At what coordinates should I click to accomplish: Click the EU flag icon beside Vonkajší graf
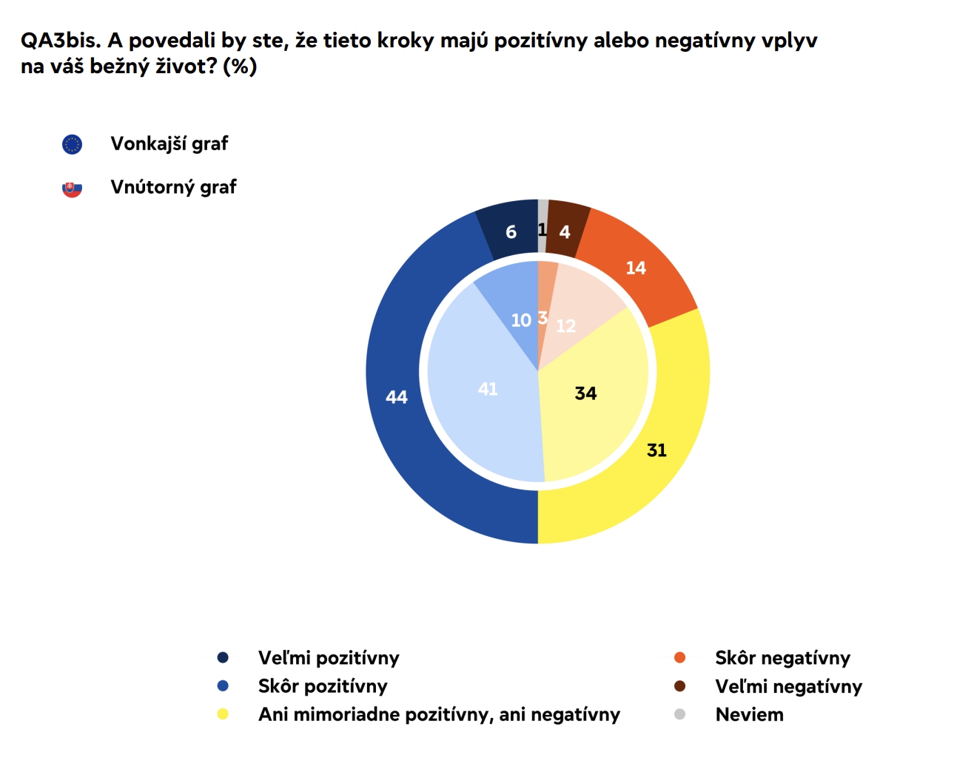click(72, 144)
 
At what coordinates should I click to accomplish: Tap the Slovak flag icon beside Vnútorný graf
click(72, 189)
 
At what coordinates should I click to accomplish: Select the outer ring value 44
click(397, 397)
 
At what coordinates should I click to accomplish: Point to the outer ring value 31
click(656, 450)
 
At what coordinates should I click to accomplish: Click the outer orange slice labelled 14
click(636, 268)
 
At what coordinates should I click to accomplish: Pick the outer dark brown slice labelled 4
click(565, 232)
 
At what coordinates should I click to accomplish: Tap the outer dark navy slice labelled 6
click(511, 232)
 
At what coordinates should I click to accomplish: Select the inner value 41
click(488, 389)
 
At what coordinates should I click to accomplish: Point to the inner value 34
click(585, 393)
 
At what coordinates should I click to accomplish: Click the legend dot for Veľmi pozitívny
click(223, 657)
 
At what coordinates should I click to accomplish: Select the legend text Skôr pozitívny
click(323, 686)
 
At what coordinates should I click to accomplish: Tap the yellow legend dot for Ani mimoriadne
click(223, 714)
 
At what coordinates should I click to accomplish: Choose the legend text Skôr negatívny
click(782, 657)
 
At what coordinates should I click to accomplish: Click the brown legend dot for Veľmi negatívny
click(679, 686)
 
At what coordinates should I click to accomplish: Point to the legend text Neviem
click(749, 714)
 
